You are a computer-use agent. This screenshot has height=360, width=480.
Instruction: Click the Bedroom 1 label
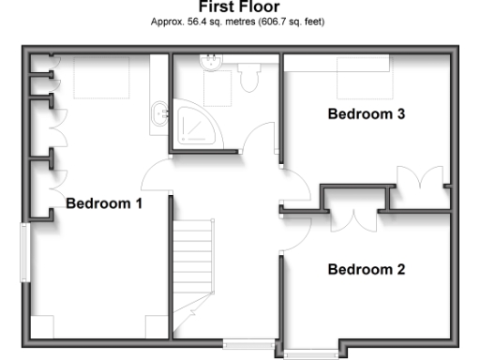coord(103,202)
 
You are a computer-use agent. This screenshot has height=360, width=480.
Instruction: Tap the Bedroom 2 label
coord(366,269)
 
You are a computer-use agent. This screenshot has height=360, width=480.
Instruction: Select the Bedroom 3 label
coord(366,114)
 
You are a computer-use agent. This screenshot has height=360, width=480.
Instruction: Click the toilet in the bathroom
coord(249,79)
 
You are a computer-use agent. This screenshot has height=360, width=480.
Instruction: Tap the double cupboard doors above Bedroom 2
coord(354,218)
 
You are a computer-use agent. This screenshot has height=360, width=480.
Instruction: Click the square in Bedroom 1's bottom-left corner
coord(42,325)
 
